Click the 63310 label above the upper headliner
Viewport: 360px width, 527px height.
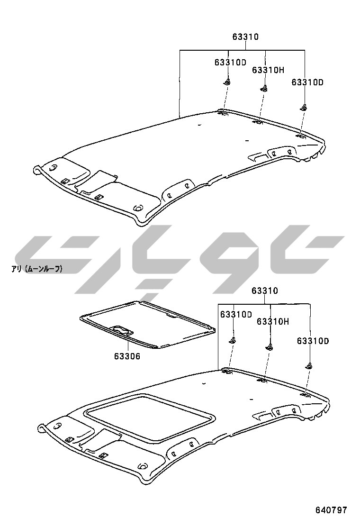click(245, 36)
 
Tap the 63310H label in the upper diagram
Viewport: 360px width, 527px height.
click(268, 70)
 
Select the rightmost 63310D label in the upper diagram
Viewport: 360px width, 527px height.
click(307, 82)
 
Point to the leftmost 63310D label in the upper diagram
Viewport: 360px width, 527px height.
click(230, 62)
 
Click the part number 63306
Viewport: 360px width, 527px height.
click(127, 356)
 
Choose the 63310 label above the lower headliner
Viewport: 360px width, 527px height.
click(265, 291)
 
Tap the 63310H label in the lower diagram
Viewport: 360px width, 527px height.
click(273, 322)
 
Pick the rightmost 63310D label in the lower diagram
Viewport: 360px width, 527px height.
click(313, 341)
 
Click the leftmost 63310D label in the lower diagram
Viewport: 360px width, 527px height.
click(236, 315)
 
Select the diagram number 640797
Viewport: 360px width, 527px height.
click(331, 510)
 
